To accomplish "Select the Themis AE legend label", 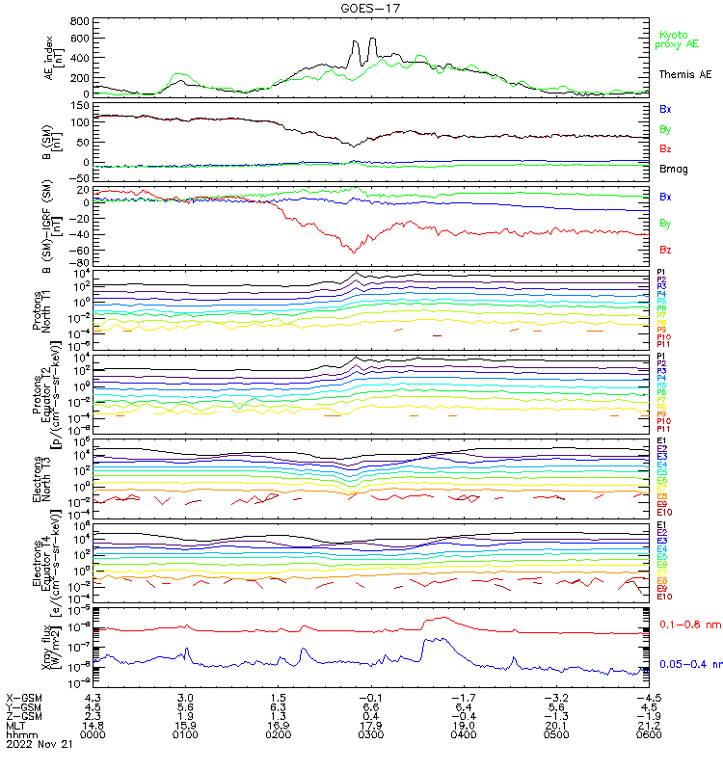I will pos(684,74).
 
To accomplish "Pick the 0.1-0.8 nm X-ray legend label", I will pos(685,625).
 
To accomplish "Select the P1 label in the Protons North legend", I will pos(662,273).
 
